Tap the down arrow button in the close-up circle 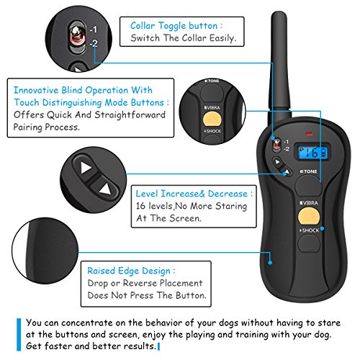click(x=106, y=190)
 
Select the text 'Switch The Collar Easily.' click(x=178, y=40)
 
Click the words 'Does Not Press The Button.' click(x=142, y=296)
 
